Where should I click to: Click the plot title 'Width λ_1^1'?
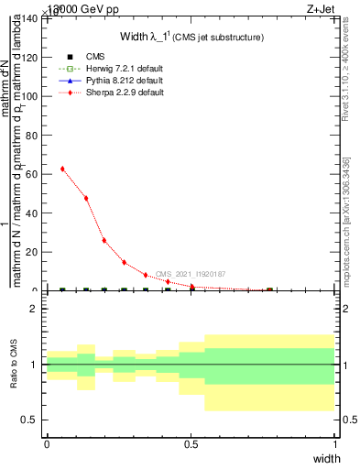[193, 37]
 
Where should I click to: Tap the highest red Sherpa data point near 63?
[62, 169]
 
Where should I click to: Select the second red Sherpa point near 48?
[86, 198]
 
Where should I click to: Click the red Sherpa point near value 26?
[104, 240]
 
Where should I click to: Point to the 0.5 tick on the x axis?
[191, 444]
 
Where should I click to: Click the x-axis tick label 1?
[335, 444]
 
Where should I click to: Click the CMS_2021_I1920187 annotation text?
[191, 274]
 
